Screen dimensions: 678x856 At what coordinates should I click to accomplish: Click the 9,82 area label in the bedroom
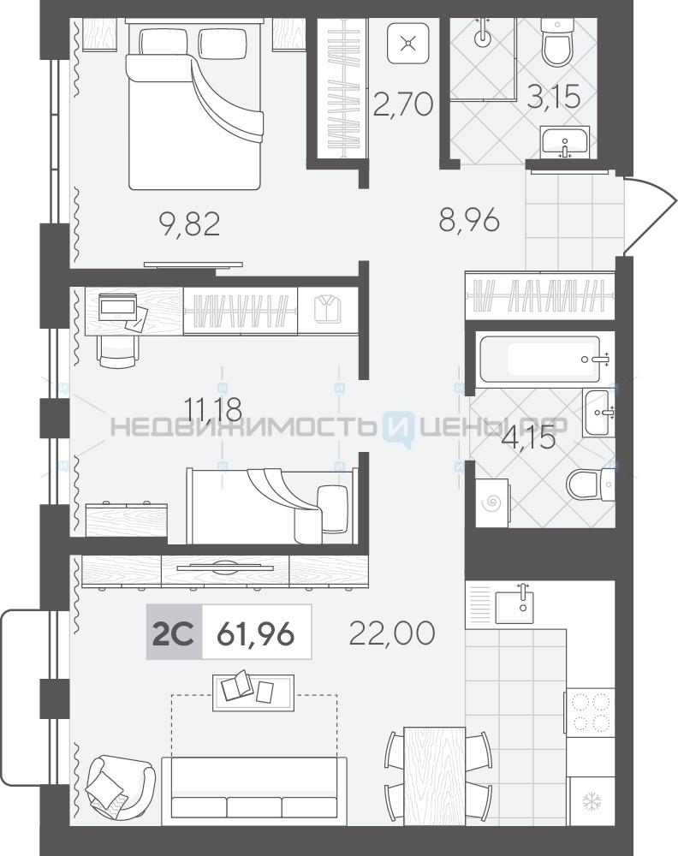189,224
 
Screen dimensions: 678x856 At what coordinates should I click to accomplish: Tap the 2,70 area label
403,104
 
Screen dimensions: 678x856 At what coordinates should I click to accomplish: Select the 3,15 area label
554,97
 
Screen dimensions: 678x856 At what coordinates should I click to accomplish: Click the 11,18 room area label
212,408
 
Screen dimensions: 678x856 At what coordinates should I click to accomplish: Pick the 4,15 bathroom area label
528,438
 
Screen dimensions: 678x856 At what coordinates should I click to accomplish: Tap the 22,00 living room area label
391,633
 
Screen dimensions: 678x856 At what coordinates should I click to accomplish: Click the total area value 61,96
255,633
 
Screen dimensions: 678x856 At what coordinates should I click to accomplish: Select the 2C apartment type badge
174,633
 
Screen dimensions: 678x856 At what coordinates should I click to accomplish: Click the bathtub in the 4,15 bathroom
539,360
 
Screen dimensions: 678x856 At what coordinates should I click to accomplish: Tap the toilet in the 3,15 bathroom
557,43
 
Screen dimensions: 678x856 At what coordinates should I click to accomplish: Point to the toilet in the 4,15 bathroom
590,484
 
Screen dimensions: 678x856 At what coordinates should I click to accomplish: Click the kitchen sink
514,604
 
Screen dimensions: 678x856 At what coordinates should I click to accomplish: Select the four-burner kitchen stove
590,712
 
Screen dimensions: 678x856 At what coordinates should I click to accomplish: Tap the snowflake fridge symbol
592,801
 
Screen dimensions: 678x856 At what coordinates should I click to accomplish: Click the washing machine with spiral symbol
492,502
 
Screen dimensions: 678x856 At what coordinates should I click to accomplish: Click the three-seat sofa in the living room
254,790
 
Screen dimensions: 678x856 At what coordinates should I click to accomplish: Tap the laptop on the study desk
117,306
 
